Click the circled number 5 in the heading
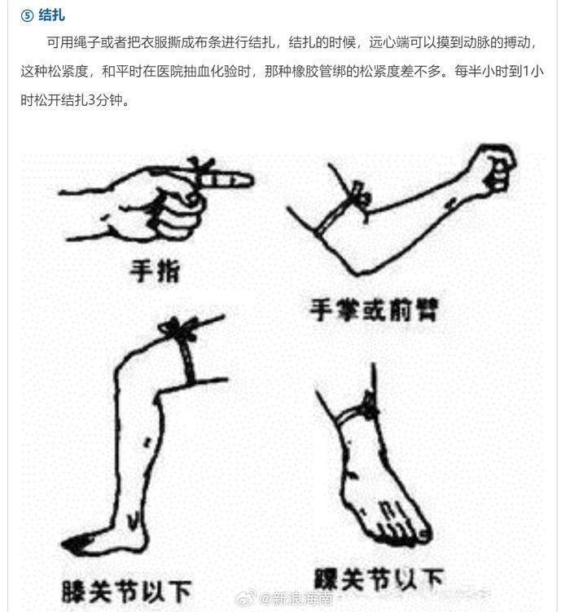pos(27,16)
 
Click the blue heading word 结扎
pos(52,15)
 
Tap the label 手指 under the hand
pos(156,271)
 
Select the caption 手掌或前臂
pos(375,310)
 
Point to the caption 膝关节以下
pos(127,592)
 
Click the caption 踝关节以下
pos(379,579)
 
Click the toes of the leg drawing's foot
pos(73,544)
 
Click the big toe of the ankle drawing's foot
pos(423,534)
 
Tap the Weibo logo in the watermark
pos(247,597)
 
